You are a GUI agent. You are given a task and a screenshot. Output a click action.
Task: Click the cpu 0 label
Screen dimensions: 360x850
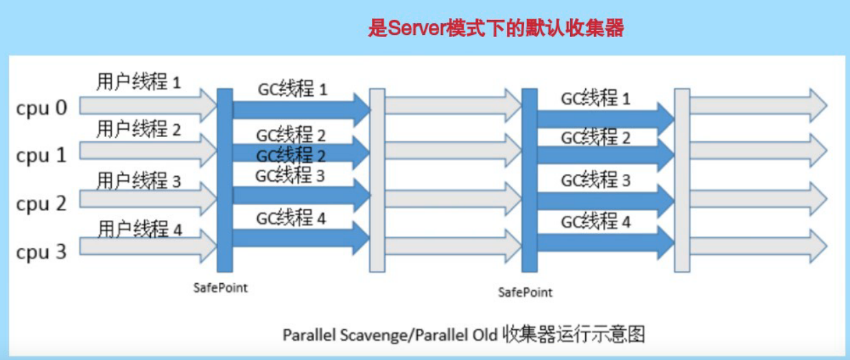pyautogui.click(x=42, y=109)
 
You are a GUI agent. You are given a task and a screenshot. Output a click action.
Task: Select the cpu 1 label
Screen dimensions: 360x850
pyautogui.click(x=42, y=156)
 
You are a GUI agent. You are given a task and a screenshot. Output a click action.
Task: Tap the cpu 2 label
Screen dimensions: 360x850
pyautogui.click(x=42, y=204)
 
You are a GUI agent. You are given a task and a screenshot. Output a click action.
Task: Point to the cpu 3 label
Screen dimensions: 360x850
pyautogui.click(x=42, y=252)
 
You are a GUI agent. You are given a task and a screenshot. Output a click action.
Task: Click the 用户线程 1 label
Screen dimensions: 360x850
pyautogui.click(x=139, y=82)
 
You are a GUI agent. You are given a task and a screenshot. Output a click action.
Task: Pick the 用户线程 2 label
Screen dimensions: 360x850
pyautogui.click(x=139, y=128)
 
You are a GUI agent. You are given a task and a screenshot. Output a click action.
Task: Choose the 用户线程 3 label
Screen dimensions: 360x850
pyautogui.click(x=139, y=180)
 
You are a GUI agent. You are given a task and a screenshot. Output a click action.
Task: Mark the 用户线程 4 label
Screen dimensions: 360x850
pyautogui.click(x=140, y=228)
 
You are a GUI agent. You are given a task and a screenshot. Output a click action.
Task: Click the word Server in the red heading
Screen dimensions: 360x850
pyautogui.click(x=412, y=29)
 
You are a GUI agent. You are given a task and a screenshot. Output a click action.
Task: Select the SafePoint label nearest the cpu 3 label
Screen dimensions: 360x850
pyautogui.click(x=220, y=288)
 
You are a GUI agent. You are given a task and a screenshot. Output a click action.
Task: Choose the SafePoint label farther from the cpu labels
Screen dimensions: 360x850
pyautogui.click(x=525, y=293)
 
